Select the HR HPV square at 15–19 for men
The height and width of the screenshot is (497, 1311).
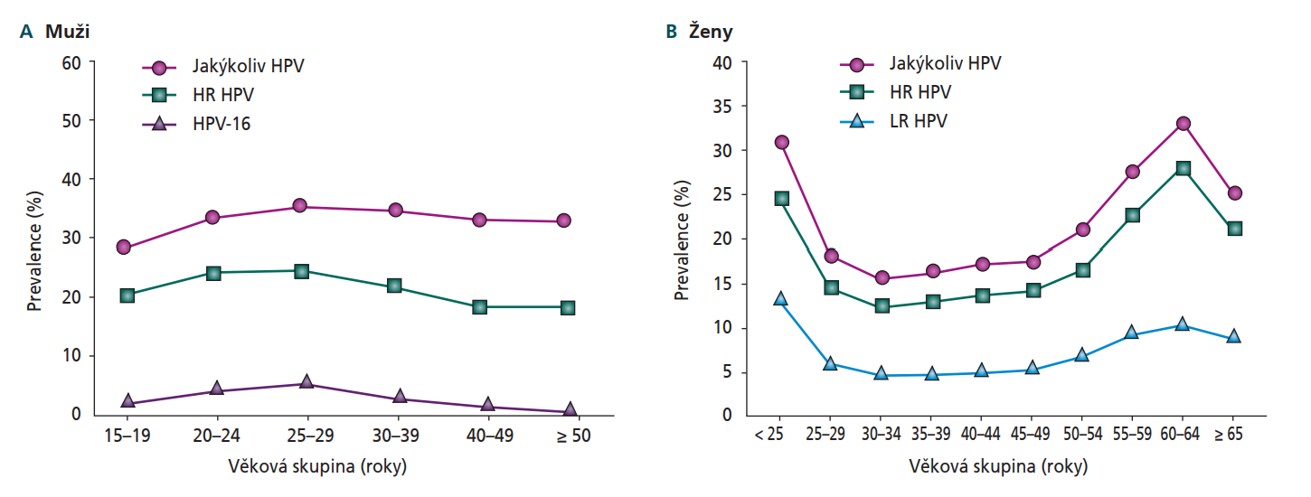(x=127, y=295)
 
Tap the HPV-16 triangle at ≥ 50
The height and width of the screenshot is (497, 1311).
(x=569, y=410)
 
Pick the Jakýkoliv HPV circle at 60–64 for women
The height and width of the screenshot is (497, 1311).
(x=1183, y=123)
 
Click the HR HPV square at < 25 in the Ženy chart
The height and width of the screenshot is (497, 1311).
(x=781, y=199)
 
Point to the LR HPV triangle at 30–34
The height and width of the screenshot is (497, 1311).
(x=881, y=373)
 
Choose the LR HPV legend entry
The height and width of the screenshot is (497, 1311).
(x=919, y=120)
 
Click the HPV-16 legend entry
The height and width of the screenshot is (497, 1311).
(x=221, y=124)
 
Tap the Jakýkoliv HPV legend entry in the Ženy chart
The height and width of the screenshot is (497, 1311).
(x=945, y=63)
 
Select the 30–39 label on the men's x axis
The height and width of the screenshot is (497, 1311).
(x=394, y=435)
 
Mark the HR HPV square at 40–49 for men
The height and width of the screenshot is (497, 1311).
(x=479, y=307)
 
